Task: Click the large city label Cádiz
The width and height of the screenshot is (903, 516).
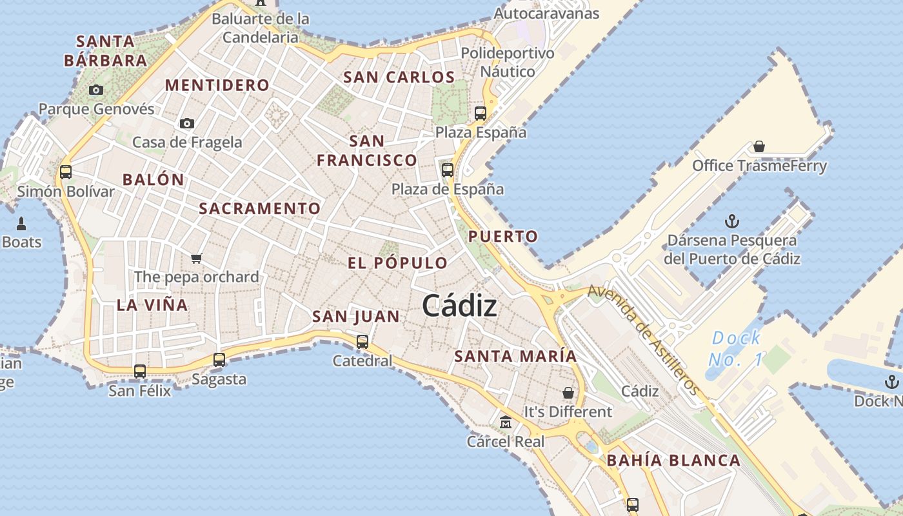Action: click(x=459, y=306)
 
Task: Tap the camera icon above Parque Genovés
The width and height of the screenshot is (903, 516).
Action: click(x=96, y=90)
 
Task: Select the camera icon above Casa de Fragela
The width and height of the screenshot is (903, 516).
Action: click(x=187, y=123)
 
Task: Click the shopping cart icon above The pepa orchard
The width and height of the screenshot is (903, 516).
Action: click(x=197, y=258)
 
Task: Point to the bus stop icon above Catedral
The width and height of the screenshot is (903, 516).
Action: click(x=362, y=341)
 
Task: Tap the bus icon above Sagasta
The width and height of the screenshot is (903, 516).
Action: click(x=219, y=359)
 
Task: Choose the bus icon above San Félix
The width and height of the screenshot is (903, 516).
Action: click(x=140, y=371)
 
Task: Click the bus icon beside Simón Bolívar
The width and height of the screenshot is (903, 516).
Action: click(x=66, y=172)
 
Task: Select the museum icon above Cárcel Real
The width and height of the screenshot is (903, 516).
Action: click(x=506, y=422)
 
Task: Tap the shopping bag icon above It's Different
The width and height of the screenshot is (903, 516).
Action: click(x=568, y=392)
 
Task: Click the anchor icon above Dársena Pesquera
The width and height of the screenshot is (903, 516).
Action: click(x=732, y=222)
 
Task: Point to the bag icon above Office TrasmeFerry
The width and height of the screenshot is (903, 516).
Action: click(x=759, y=147)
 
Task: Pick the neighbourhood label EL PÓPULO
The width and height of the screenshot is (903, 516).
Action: click(x=397, y=263)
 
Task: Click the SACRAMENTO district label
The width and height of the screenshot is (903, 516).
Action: click(x=259, y=208)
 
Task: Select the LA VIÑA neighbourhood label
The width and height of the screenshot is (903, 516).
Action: click(x=152, y=305)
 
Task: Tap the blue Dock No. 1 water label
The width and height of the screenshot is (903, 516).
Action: click(x=735, y=348)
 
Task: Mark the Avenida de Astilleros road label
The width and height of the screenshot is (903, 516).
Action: click(x=644, y=341)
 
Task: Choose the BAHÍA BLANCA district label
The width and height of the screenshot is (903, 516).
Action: click(x=673, y=461)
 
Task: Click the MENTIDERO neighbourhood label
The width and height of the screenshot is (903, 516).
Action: click(x=217, y=85)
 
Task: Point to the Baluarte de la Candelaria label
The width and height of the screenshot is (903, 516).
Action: click(x=261, y=28)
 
